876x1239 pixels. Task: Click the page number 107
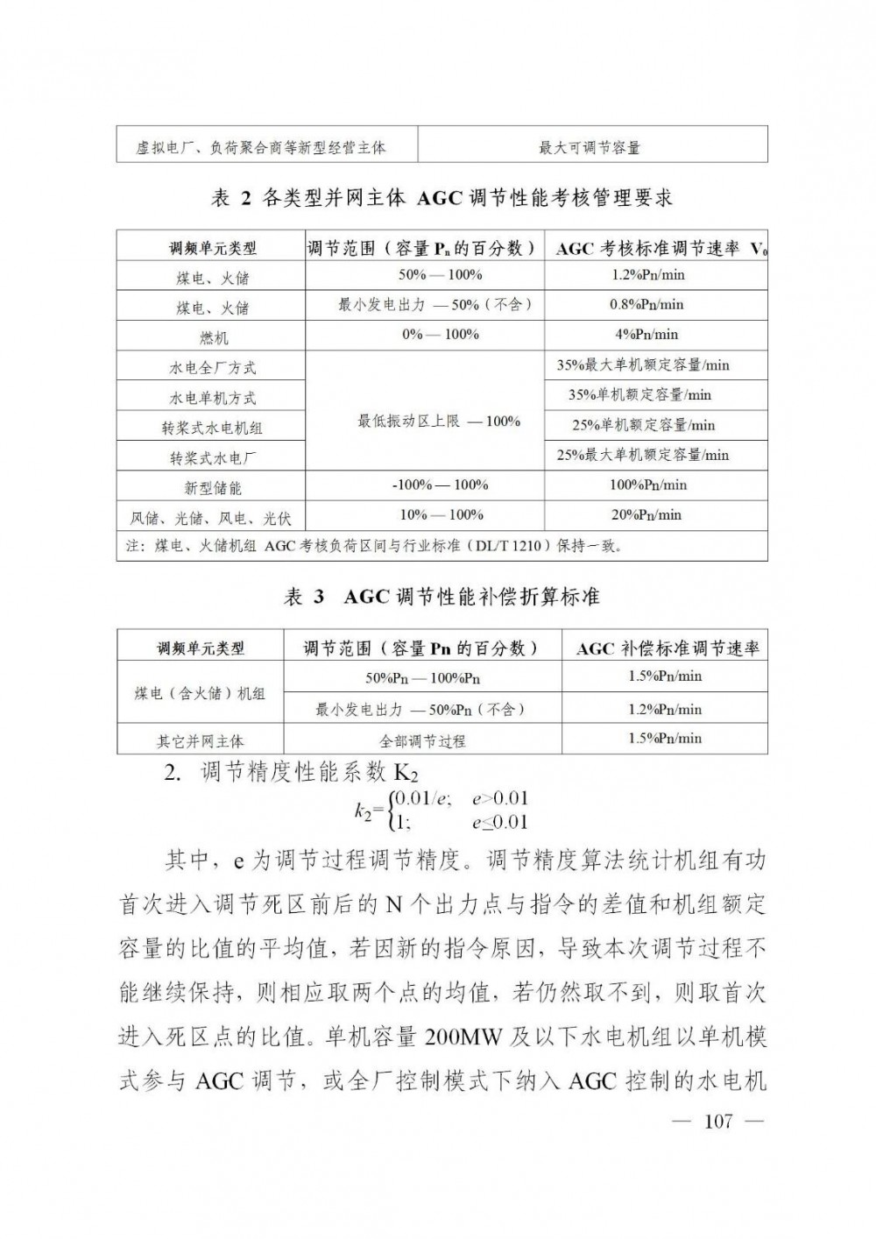[717, 1122]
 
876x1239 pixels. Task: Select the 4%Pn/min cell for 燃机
[646, 335]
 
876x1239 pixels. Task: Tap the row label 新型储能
[213, 487]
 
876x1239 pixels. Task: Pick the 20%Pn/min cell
[646, 515]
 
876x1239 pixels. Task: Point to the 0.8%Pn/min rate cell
[646, 305]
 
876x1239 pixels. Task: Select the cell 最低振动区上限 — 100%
[438, 421]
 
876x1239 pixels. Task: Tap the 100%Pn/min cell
[648, 485]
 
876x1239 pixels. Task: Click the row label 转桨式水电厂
[213, 457]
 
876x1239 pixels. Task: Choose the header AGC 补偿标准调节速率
[668, 649]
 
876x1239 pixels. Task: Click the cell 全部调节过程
[422, 741]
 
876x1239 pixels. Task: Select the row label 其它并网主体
[201, 741]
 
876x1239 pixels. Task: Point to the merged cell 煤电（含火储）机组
[201, 693]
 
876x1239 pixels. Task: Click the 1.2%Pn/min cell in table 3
[665, 710]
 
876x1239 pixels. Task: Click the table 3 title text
[442, 598]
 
